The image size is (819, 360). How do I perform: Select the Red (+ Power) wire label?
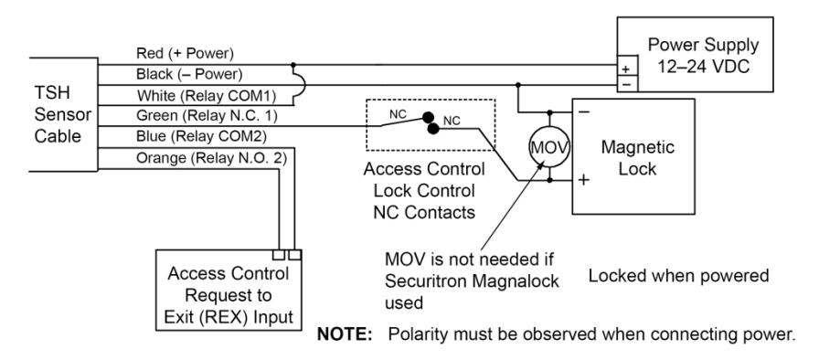click(x=185, y=53)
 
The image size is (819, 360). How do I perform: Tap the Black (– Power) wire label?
click(x=189, y=75)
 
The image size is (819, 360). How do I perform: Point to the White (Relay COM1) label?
click(x=207, y=97)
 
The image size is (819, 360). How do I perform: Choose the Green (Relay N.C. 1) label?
click(x=207, y=116)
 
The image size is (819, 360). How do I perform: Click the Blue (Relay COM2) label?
click(x=202, y=137)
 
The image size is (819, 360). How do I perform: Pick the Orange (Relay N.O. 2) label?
click(x=211, y=158)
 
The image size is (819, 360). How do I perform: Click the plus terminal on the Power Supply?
click(x=626, y=69)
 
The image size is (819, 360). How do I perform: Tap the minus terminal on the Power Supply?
click(x=627, y=83)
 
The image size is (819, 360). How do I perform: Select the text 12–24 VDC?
click(x=704, y=67)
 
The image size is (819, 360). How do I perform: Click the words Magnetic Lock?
click(x=637, y=157)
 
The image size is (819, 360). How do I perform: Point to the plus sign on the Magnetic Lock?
click(x=584, y=180)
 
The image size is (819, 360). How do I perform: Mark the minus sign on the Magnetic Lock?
click(x=585, y=111)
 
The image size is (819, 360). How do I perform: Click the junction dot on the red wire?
click(x=293, y=65)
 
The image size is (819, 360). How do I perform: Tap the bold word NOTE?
click(x=345, y=334)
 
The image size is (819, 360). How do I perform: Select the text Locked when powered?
click(x=678, y=275)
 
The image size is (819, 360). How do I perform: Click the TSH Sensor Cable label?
click(x=63, y=114)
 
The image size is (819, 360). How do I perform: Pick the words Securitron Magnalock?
click(x=473, y=281)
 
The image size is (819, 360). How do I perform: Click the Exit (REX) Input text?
click(x=229, y=317)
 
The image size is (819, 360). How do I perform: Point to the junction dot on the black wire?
click(x=517, y=85)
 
